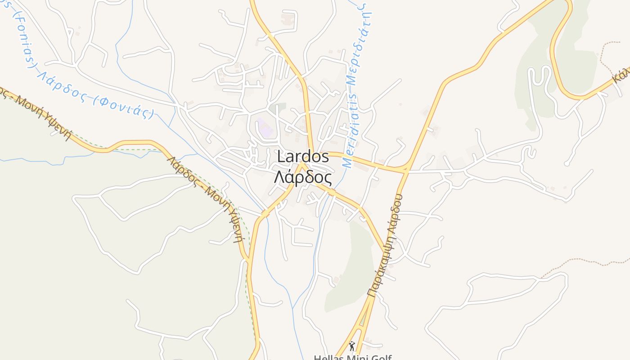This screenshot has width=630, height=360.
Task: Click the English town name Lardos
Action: pos(303,157)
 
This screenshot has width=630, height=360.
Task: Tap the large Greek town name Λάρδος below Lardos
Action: pos(303,178)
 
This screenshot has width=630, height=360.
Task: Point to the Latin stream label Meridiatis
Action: pos(351,130)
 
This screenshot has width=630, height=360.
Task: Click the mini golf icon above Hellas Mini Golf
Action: pos(352,346)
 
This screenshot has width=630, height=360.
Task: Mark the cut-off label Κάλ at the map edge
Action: pos(621,75)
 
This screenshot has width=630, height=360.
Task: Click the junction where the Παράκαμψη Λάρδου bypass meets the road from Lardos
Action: pos(406,171)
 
